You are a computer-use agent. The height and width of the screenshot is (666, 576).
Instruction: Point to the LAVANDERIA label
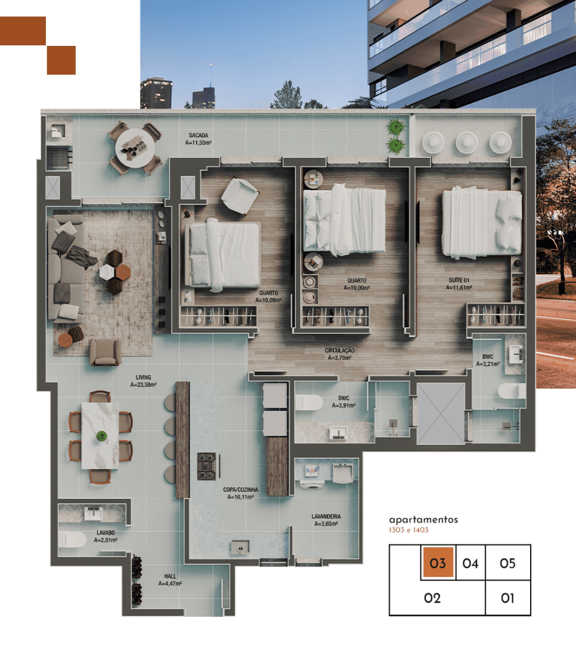pos(326,516)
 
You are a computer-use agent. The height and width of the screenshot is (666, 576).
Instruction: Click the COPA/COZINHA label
pos(240,490)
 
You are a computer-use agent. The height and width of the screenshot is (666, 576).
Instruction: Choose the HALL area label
pos(170,577)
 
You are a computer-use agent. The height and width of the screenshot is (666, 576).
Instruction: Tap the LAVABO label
pos(106,532)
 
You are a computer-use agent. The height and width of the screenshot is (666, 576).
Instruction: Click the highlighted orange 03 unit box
pos(438,563)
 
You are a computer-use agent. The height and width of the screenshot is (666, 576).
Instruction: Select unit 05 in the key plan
pos(507,563)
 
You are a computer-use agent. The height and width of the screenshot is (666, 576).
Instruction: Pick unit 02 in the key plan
pos(433,598)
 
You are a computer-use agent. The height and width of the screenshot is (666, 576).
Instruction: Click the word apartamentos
pos(423,520)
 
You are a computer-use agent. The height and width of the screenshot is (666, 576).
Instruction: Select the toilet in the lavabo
pos(71,539)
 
